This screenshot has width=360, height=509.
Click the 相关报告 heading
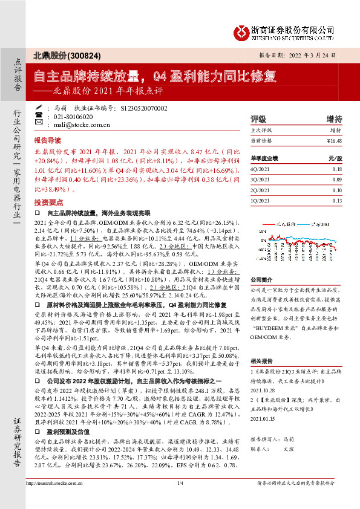[x=261, y=360]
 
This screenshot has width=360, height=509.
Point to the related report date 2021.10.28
[x=261, y=391]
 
